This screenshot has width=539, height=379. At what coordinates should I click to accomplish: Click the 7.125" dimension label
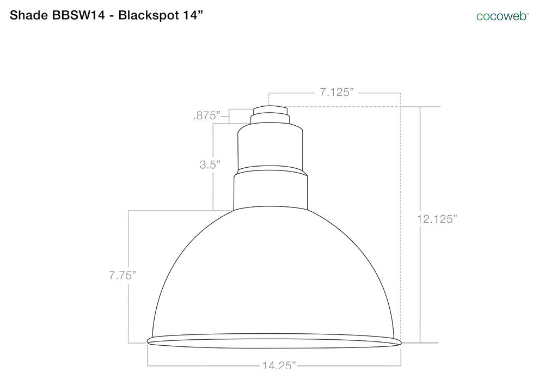click(x=337, y=93)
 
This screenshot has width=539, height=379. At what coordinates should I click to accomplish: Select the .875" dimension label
click(x=206, y=116)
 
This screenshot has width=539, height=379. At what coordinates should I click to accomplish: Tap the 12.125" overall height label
click(x=436, y=219)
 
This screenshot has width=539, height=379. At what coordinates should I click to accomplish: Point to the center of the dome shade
click(x=274, y=272)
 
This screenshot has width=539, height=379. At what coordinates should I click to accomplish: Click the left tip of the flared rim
click(x=149, y=341)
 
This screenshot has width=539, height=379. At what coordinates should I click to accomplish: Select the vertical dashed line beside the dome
click(x=401, y=218)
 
